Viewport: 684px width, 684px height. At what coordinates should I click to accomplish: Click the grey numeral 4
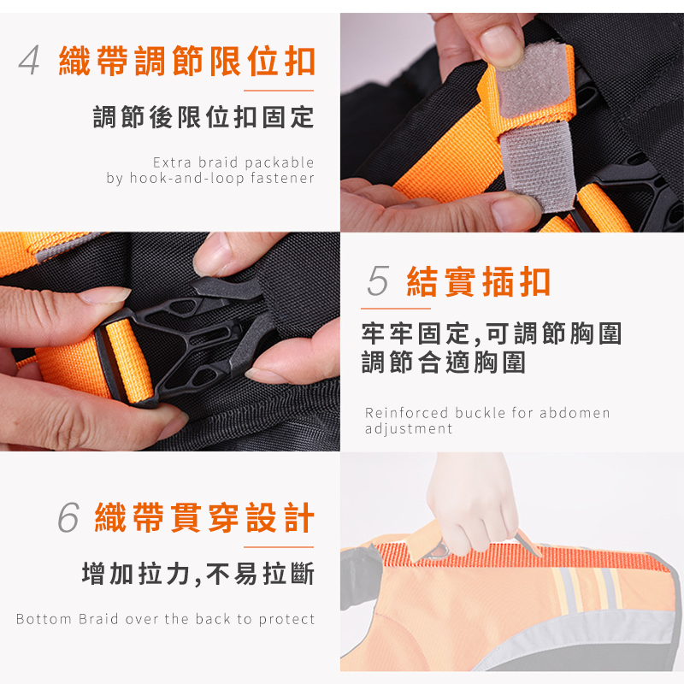tap(29, 61)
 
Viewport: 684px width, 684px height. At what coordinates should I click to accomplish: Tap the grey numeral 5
tap(378, 281)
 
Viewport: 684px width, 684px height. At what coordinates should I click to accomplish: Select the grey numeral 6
tap(69, 517)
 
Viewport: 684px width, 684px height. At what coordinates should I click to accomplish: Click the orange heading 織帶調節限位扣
tap(186, 61)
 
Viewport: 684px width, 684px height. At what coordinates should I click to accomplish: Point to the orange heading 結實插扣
tap(479, 282)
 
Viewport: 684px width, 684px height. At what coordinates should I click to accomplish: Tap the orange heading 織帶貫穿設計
tap(204, 518)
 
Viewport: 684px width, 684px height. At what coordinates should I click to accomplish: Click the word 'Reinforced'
tap(400, 413)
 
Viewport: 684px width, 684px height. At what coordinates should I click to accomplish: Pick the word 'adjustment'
tap(409, 429)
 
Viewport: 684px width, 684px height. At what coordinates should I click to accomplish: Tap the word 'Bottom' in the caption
tap(44, 619)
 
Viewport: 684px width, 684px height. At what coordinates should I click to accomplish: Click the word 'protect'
tap(286, 619)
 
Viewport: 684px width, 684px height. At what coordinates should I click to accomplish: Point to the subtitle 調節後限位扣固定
tap(203, 117)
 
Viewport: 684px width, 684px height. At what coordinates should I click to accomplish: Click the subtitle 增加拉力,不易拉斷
tap(198, 573)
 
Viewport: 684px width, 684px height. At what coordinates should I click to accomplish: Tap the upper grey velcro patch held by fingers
tap(530, 80)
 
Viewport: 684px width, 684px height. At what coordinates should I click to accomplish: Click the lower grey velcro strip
tap(538, 167)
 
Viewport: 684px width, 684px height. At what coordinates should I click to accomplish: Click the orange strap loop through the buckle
tap(130, 361)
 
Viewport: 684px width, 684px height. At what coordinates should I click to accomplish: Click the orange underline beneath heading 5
tap(396, 309)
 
